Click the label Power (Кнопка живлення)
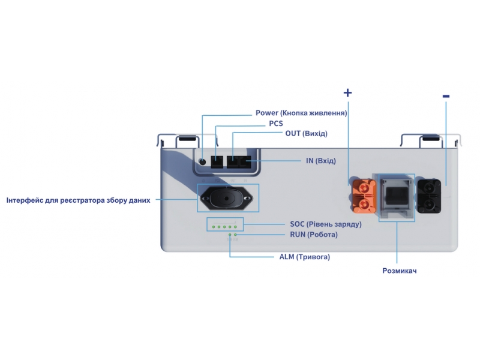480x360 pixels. pyautogui.click(x=301, y=113)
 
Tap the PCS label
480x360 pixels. pyautogui.click(x=275, y=123)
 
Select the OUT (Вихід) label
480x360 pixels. pyautogui.click(x=306, y=133)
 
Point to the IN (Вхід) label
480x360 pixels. pyautogui.click(x=320, y=161)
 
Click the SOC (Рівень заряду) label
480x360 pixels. pyautogui.click(x=325, y=224)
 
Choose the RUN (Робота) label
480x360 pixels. pyautogui.click(x=313, y=235)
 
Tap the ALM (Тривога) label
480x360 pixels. pyautogui.click(x=304, y=257)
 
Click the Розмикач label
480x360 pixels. pyautogui.click(x=399, y=271)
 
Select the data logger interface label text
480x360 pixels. pyautogui.click(x=78, y=200)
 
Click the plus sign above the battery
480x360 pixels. pyautogui.click(x=347, y=92)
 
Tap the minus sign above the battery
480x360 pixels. pyautogui.click(x=445, y=96)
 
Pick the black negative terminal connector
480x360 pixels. pyautogui.click(x=430, y=195)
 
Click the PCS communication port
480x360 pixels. pyautogui.click(x=217, y=161)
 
